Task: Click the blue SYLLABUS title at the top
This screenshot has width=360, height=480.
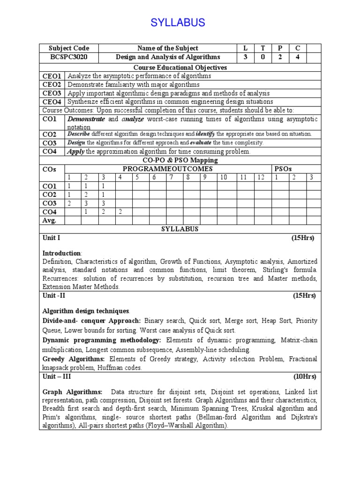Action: [178, 22]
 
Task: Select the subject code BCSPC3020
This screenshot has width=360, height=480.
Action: [69, 57]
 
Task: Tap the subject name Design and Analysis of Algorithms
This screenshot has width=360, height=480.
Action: [168, 57]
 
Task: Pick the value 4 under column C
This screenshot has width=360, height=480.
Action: [297, 57]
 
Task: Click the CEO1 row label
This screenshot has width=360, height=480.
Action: [52, 76]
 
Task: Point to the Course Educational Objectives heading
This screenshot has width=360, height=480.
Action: [180, 67]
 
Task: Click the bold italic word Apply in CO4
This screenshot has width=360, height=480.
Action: [75, 151]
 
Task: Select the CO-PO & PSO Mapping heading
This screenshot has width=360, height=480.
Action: [180, 160]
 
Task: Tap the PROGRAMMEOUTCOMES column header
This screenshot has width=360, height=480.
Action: [167, 169]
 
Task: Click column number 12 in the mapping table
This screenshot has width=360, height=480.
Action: [261, 177]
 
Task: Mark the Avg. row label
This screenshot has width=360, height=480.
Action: [49, 220]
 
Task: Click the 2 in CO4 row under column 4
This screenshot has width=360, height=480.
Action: [120, 211]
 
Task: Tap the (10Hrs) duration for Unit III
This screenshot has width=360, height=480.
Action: [305, 376]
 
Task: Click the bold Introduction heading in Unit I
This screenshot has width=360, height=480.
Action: [61, 253]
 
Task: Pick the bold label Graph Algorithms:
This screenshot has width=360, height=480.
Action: [72, 391]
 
